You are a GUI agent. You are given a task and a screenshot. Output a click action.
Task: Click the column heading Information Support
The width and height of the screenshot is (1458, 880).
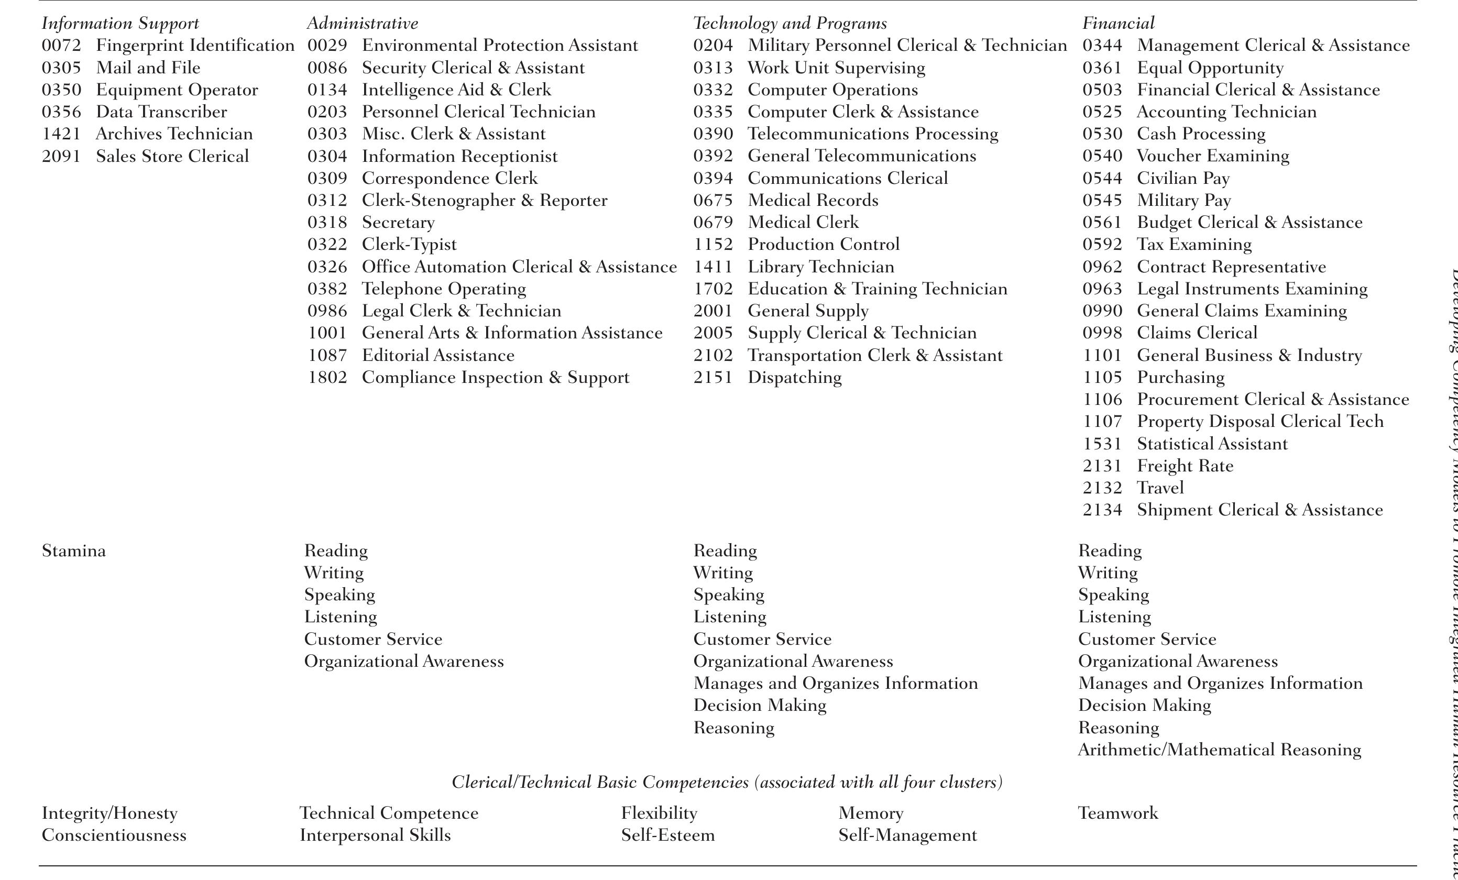point(120,24)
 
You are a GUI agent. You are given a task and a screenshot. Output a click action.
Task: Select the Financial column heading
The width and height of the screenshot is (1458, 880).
point(1118,24)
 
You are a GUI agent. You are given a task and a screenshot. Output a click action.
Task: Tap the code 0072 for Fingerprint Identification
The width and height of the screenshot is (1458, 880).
point(61,46)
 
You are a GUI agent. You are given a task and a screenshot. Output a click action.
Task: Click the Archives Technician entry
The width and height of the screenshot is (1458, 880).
point(174,134)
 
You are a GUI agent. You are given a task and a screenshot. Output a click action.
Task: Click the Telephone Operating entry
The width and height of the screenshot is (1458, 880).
point(444,289)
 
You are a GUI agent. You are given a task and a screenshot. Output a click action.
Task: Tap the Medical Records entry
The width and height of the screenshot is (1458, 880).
point(813,200)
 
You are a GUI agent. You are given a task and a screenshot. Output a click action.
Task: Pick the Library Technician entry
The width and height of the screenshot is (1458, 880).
point(821,267)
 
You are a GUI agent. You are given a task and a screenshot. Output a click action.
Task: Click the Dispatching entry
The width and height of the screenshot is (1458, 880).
point(794,378)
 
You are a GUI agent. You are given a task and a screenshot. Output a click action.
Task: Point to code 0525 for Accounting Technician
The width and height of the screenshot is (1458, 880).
point(1102,112)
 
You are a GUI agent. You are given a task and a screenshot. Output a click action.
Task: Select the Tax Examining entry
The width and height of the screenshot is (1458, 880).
point(1194,245)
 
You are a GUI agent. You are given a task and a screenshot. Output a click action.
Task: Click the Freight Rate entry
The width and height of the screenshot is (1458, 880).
point(1185,466)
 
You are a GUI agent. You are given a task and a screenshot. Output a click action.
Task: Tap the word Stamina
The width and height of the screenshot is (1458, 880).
point(74,551)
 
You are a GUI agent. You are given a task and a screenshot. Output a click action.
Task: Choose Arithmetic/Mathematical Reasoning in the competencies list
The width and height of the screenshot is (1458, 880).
point(1219,750)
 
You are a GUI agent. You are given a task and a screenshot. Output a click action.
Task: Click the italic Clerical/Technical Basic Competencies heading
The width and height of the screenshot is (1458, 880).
point(727,783)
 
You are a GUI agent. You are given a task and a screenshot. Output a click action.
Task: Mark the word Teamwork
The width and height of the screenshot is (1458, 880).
point(1118,813)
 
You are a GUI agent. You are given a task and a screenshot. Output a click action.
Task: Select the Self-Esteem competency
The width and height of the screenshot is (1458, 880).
point(667,835)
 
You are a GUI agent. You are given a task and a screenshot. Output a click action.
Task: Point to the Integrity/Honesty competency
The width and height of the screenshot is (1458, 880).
point(109,813)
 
